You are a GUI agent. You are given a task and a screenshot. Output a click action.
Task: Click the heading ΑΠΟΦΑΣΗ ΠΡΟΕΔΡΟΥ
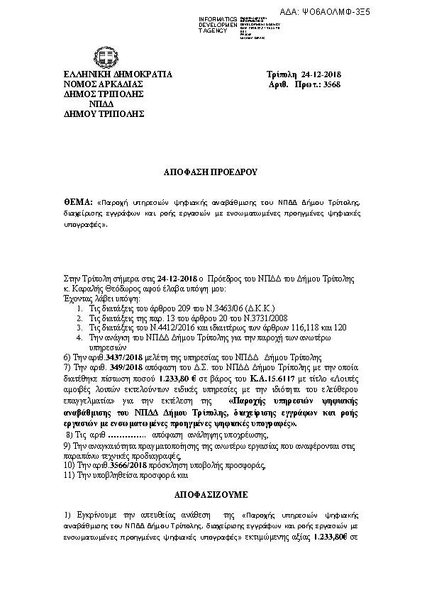[x=211, y=172]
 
